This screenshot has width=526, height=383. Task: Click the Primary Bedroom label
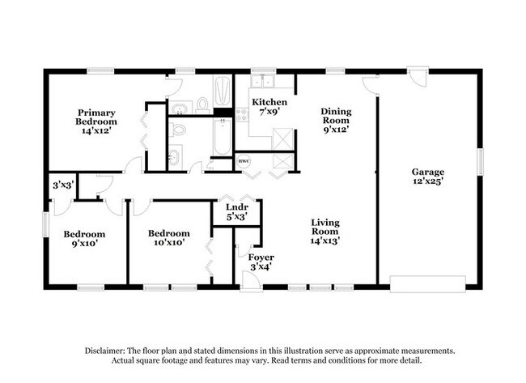point(96,121)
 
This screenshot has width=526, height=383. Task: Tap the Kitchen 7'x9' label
point(269,107)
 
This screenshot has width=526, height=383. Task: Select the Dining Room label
point(336,120)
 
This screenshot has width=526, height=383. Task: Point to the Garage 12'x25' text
point(428,177)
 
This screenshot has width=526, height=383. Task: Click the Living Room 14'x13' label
point(325,232)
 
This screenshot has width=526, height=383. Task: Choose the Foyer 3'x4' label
point(261,262)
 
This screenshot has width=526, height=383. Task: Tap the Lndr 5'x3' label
point(237,212)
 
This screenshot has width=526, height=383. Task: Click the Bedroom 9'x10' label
point(84,239)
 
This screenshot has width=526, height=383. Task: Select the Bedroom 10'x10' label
point(169,238)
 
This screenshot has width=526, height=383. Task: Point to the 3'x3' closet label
point(63,185)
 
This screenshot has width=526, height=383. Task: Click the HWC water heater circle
point(244,161)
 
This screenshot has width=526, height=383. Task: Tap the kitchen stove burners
point(241,114)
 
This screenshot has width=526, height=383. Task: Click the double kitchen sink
point(263,81)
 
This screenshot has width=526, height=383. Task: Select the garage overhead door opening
point(427,284)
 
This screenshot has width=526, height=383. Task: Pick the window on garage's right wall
point(481,162)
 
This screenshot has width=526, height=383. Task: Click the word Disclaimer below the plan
point(104,351)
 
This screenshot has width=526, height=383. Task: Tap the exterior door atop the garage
point(418,76)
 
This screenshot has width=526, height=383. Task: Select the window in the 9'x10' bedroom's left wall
point(45,224)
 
